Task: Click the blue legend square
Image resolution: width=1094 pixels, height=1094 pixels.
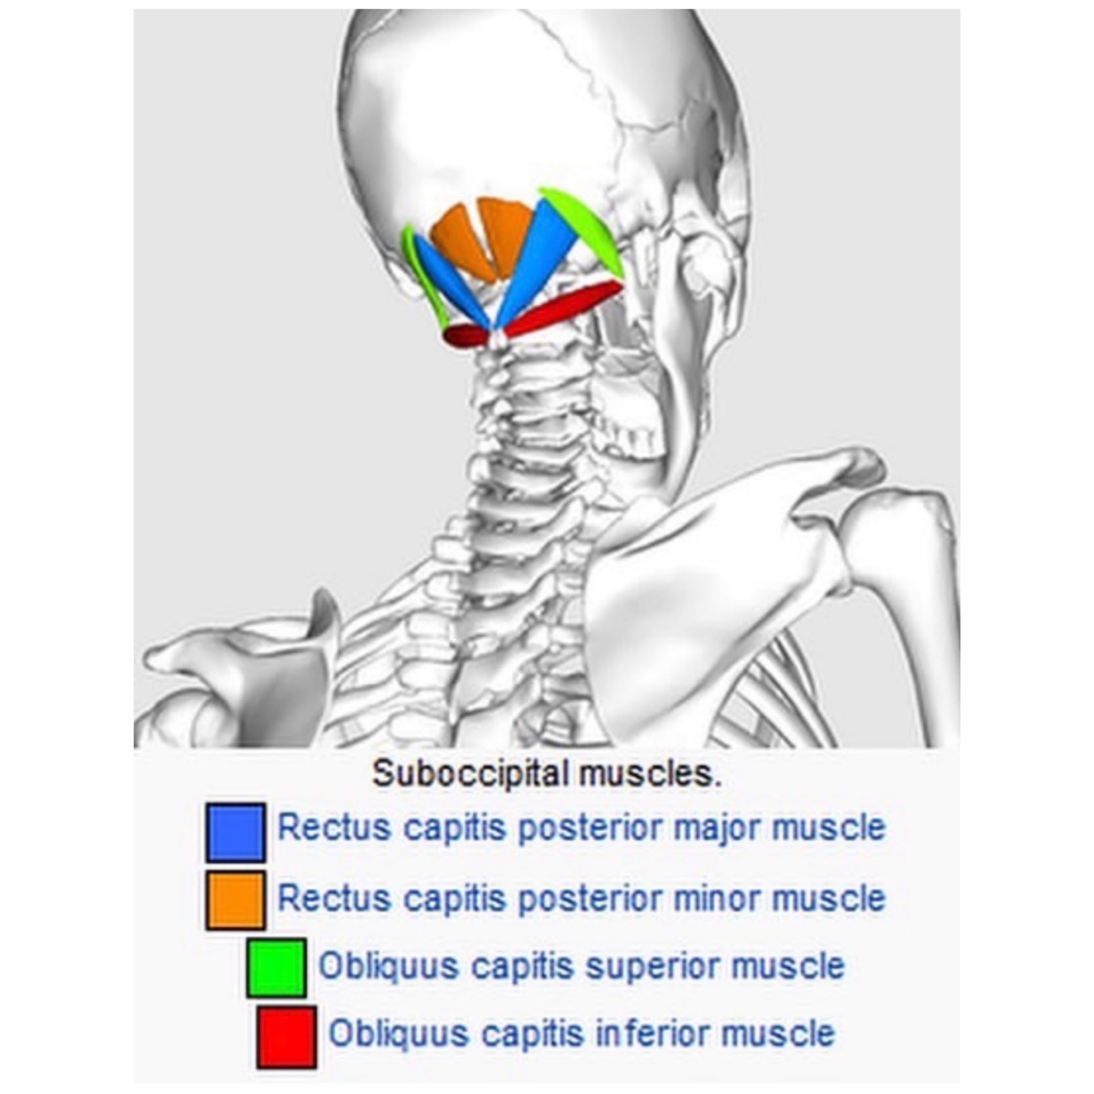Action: (235, 832)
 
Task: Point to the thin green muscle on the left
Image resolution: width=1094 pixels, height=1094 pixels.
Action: (422, 277)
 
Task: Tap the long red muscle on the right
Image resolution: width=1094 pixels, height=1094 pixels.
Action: (566, 309)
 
